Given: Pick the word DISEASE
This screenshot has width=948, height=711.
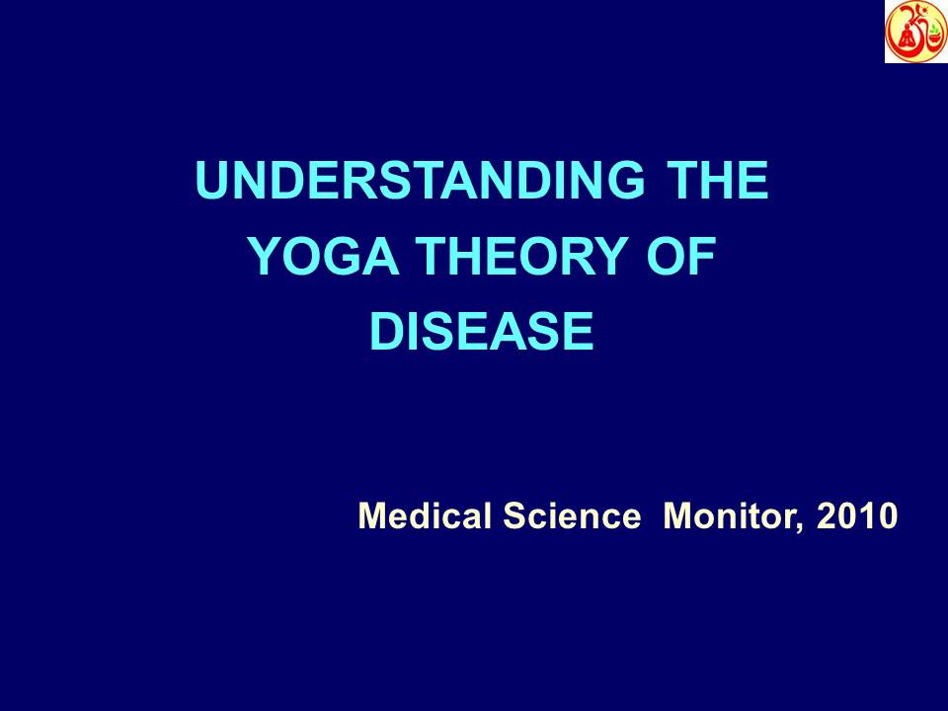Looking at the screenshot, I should coord(482,333).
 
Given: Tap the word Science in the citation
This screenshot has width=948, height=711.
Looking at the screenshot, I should coord(572,515).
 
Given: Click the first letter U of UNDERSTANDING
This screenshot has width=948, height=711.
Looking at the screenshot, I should coord(210,183).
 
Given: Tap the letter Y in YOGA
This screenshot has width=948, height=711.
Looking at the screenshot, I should coord(261,258).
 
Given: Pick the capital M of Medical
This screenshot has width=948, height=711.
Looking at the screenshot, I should coord(370,515).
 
